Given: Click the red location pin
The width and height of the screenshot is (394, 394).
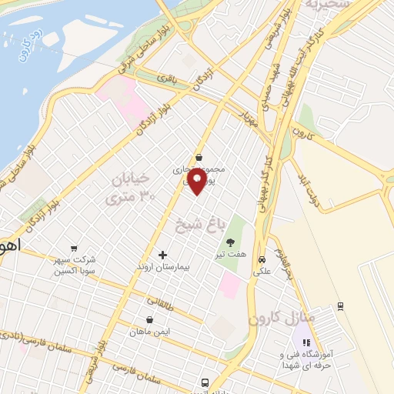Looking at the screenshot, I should coord(198,182).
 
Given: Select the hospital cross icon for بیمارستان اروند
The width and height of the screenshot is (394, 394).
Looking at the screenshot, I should coord(162,255).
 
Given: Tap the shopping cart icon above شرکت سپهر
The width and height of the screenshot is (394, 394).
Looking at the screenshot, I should coord(73,248).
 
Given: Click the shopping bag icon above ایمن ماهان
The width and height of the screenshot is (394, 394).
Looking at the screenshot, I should coord(149,319).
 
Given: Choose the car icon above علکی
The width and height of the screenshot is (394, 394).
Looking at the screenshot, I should coord(262,259).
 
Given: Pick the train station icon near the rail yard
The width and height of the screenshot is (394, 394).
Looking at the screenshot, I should coord(340,306).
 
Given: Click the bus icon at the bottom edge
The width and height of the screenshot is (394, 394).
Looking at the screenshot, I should coord(204,382).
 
